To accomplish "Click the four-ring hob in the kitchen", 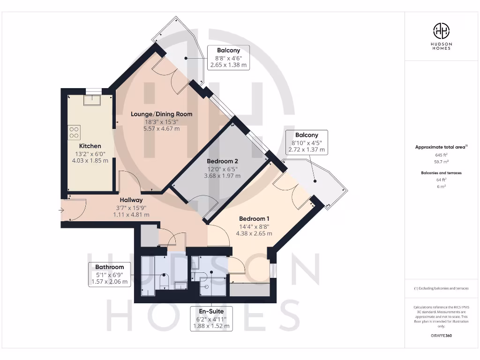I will [x=74, y=132].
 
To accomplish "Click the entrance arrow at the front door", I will [x=61, y=210].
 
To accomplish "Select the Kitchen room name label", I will [x=90, y=146].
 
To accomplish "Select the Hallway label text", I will [x=131, y=200].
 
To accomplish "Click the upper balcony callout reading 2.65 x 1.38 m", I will [x=228, y=65].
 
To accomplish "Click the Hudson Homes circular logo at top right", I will [x=441, y=31].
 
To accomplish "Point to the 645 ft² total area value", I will [x=441, y=154].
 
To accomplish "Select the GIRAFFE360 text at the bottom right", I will [x=441, y=336].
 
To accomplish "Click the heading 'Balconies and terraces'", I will [x=441, y=173].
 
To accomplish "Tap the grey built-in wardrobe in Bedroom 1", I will [x=249, y=289].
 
